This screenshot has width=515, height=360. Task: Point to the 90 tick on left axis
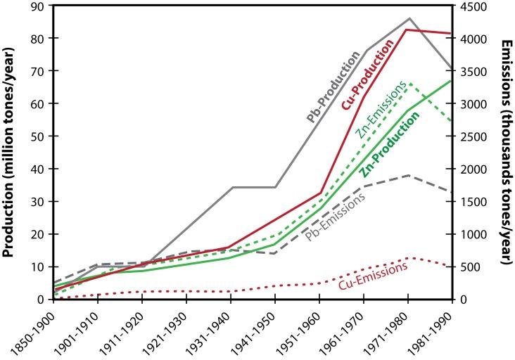(x=24, y=6)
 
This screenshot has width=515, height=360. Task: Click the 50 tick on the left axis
(x=24, y=136)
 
